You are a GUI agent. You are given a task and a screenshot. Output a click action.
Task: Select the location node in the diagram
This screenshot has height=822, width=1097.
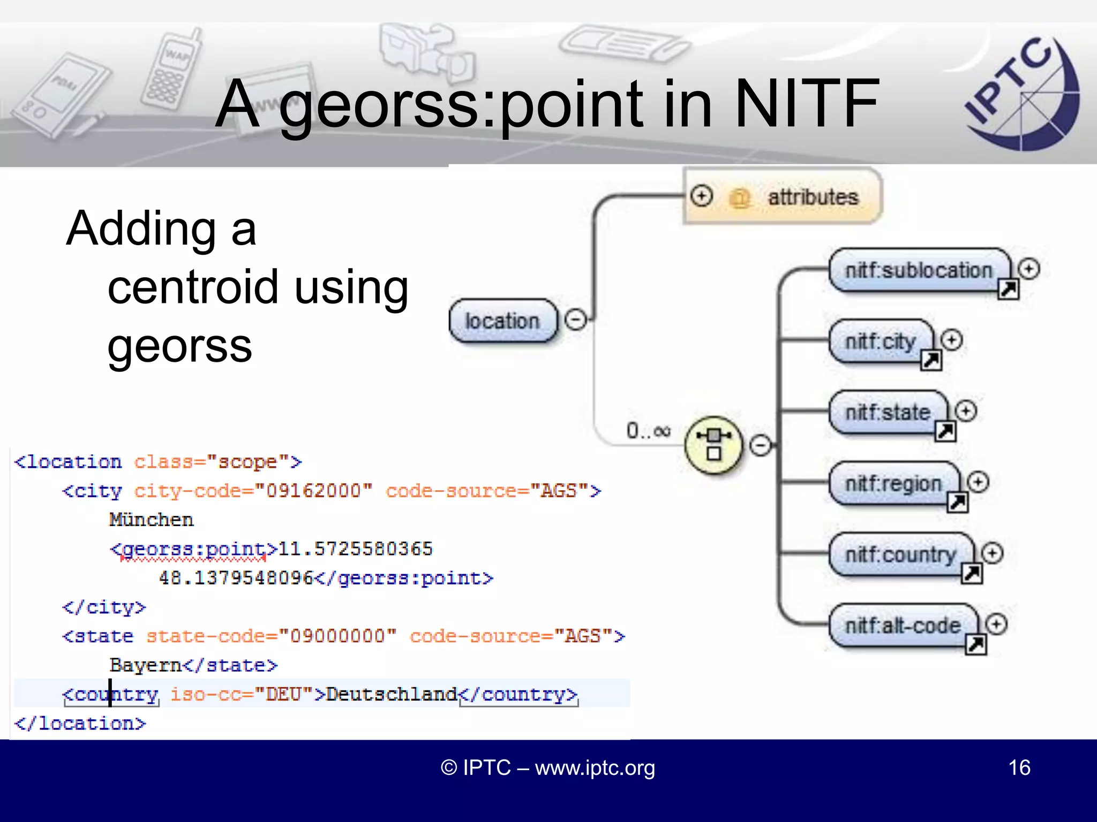[502, 321]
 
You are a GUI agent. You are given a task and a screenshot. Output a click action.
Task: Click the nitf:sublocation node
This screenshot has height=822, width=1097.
[918, 270]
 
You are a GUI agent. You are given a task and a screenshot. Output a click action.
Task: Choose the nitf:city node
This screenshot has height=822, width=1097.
[880, 341]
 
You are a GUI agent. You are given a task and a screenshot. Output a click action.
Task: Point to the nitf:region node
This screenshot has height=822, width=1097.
[893, 484]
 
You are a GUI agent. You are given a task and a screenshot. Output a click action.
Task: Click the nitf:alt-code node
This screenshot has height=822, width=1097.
[903, 626]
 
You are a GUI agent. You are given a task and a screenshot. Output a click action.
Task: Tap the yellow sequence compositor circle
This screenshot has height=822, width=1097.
[714, 445]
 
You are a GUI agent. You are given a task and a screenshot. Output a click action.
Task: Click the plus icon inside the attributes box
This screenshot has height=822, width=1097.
[702, 196]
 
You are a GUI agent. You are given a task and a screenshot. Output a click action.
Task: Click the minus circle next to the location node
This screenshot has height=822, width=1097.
[576, 320]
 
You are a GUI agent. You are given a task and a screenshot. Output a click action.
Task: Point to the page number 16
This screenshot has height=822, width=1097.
[1019, 767]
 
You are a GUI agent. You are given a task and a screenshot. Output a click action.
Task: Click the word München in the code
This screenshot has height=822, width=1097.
[151, 520]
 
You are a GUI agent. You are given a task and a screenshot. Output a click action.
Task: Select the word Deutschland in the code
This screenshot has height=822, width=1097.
[392, 694]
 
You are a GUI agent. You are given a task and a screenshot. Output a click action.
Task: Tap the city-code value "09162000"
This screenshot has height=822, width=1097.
[314, 491]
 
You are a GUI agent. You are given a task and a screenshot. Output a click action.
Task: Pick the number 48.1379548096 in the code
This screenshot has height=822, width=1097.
[236, 578]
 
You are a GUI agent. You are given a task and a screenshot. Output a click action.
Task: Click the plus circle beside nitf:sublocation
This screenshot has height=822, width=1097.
[1028, 269]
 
